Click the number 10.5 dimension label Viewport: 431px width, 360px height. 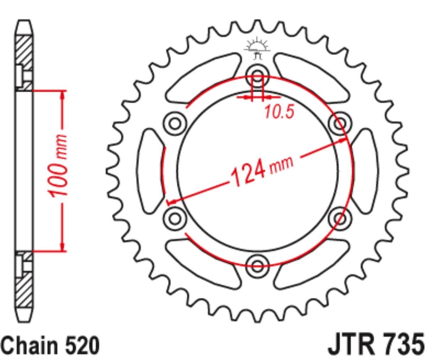279,112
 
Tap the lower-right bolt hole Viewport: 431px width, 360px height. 340,218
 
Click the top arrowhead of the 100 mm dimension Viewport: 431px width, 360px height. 63,94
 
